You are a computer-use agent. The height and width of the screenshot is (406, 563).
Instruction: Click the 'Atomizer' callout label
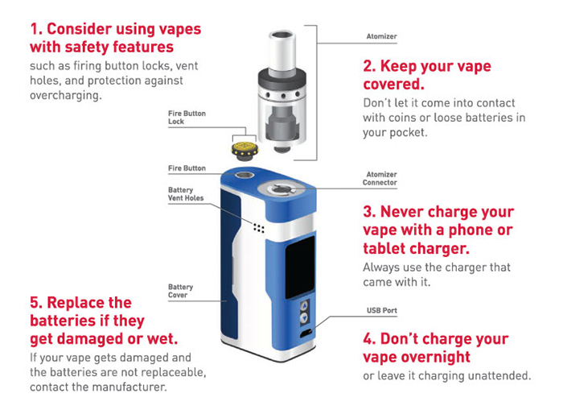coord(381,36)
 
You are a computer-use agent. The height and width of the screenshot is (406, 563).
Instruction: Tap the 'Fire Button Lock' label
coord(187,118)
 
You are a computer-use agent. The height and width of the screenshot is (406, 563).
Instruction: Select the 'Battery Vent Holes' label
coord(186,194)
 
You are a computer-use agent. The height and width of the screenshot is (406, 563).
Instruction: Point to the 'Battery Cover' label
coord(181,291)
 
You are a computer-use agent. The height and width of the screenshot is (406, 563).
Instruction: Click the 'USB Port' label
coord(382,310)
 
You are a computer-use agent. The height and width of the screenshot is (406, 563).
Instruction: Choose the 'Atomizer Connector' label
coord(380,178)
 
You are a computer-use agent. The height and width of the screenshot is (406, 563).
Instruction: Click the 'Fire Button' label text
coord(187,168)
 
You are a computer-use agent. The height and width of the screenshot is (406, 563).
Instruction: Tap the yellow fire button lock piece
coord(245,150)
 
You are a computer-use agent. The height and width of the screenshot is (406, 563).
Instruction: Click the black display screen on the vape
coord(300,267)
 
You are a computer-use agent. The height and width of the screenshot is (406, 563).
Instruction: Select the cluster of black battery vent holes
coord(258,228)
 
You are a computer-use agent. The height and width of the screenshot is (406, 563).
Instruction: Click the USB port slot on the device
coord(306,333)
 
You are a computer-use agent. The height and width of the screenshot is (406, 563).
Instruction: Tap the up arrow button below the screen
coord(305,306)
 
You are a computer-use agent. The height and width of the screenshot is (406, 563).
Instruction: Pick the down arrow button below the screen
coord(305,318)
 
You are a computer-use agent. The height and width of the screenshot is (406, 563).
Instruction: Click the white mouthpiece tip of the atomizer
coord(282,50)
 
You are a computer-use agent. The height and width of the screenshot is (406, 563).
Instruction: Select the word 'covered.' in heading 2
coord(393,85)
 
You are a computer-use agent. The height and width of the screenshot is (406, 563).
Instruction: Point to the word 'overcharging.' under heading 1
coord(66,96)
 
